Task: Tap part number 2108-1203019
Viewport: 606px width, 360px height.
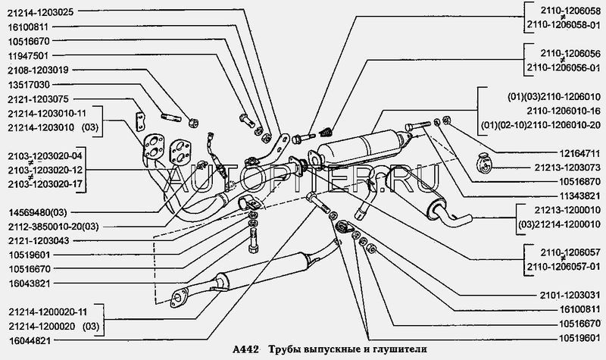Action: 37,69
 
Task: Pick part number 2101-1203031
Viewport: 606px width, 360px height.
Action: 564,294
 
